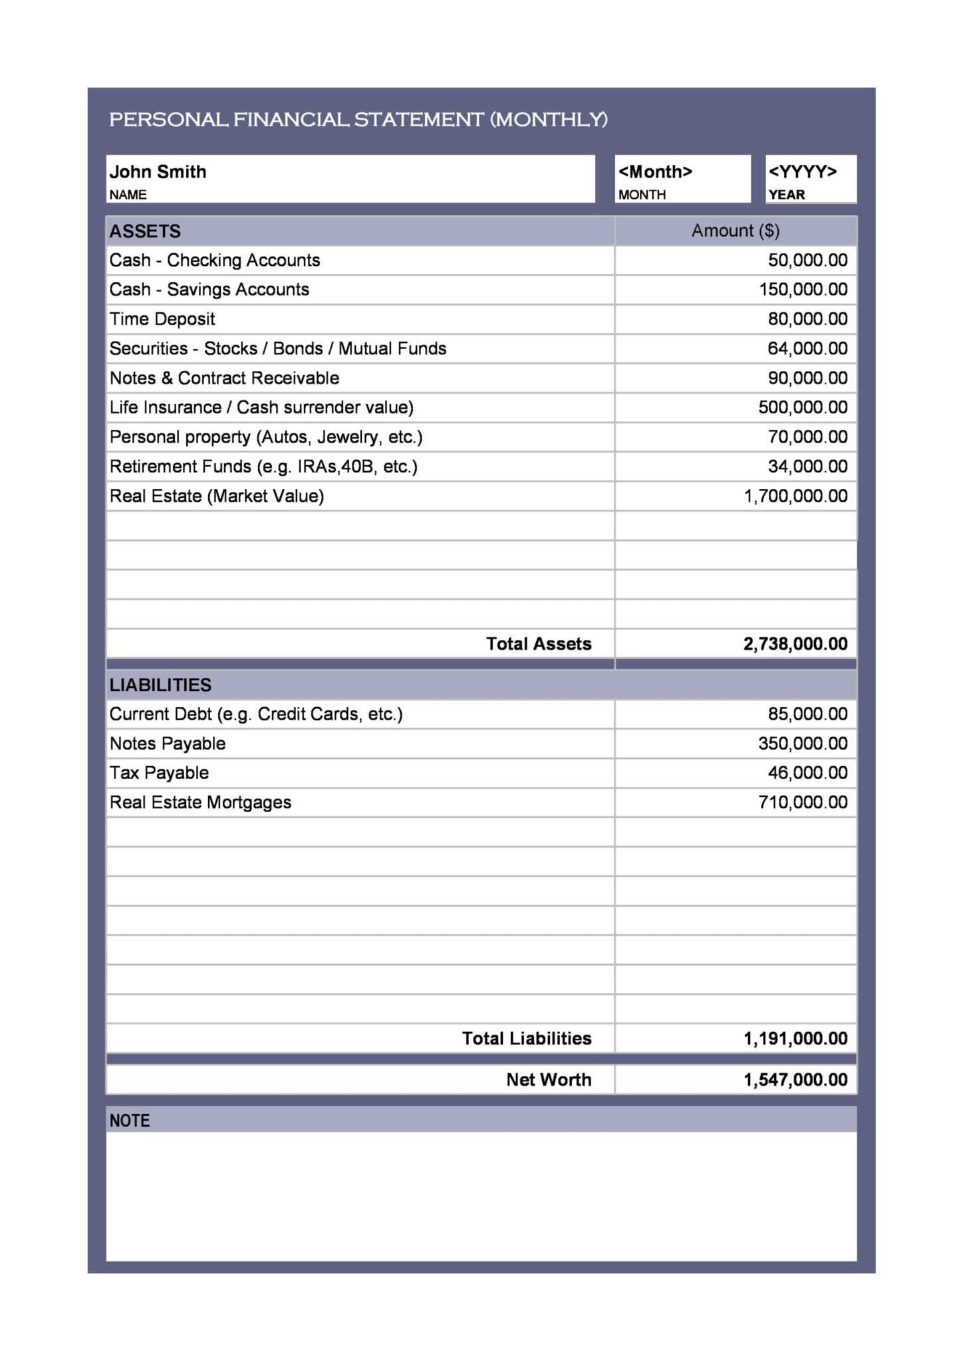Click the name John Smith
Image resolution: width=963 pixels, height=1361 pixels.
pos(158,172)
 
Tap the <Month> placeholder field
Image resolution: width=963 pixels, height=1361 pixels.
pos(655,172)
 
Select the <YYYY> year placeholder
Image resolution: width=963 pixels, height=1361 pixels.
pos(802,172)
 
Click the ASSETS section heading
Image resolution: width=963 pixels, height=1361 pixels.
pos(145,231)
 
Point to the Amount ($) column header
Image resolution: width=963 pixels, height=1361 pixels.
pos(735,231)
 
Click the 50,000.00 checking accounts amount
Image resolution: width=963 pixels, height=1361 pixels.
pos(807,260)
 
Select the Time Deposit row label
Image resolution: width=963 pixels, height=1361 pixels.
pos(162,319)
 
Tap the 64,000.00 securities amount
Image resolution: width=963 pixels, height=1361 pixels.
pos(807,348)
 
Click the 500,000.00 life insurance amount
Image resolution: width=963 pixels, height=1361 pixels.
pos(803,407)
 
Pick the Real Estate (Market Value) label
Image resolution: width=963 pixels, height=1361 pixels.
pos(217,496)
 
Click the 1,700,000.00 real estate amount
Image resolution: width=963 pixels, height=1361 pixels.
pos(795,496)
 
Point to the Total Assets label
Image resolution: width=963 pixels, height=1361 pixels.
pos(538,644)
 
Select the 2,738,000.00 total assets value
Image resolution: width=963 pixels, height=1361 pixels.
pos(795,644)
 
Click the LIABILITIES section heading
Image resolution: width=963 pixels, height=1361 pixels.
pos(160,685)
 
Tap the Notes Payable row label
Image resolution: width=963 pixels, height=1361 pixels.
pos(168,744)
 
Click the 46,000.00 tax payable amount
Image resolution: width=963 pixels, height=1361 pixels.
pos(807,773)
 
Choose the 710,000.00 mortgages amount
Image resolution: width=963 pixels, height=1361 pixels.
pos(803,803)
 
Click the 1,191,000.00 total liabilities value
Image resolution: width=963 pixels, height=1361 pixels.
pos(795,1039)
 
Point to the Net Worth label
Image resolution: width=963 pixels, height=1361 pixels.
pos(548,1080)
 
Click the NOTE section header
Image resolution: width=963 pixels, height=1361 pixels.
pos(130,1120)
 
